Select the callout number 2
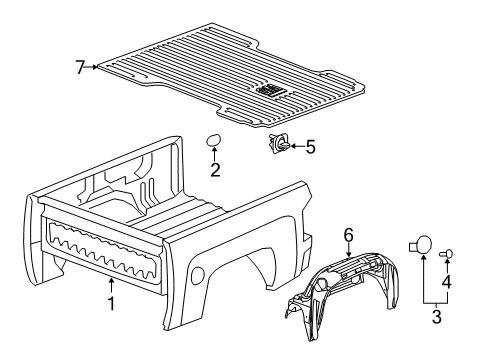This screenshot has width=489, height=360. pos(215,170)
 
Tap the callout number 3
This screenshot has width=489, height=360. pos(437,316)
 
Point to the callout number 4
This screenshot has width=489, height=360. pos(446,281)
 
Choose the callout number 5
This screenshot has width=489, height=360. pos(310,147)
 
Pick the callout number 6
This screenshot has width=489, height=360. pos(348,235)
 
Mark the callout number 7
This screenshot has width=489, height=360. pos(80,67)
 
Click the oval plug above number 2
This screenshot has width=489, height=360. pos(213,140)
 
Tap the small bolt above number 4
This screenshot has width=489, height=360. pos(446,254)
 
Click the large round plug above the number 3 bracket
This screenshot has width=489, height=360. pos(421,245)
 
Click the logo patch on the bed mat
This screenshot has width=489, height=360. pos(271,90)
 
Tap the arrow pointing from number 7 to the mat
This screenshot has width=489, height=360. pos(92,67)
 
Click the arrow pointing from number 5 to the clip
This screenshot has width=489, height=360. pos(297,146)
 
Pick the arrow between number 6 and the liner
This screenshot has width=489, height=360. pos(348,250)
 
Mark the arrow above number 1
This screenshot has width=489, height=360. pos(111,286)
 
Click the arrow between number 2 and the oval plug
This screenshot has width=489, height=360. pos(214,154)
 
